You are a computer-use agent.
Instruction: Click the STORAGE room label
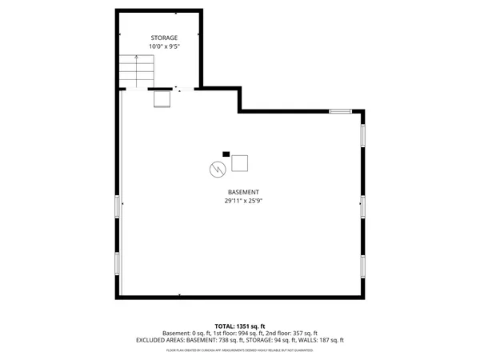[x=164, y=38]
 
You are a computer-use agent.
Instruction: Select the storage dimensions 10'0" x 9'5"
[x=164, y=46]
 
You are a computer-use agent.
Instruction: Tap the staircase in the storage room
[x=136, y=71]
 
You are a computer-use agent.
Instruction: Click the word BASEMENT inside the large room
[x=243, y=192]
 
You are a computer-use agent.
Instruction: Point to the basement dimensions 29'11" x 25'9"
[x=243, y=202]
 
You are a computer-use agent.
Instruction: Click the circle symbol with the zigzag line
[x=216, y=168]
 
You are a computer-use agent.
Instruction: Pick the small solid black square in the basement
[x=226, y=154]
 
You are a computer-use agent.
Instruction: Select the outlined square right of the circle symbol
[x=239, y=162]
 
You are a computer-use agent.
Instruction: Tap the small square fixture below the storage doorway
[x=162, y=99]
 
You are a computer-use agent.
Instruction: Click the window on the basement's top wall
[x=340, y=111]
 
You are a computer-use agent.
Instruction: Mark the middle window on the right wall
[x=362, y=206]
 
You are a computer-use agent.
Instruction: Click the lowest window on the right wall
[x=362, y=266]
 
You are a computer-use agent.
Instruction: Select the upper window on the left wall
[x=118, y=206]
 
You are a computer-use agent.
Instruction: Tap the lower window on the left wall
[x=118, y=264]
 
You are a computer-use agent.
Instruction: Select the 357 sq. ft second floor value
[x=304, y=333]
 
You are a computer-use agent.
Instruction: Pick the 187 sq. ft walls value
[x=331, y=340]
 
